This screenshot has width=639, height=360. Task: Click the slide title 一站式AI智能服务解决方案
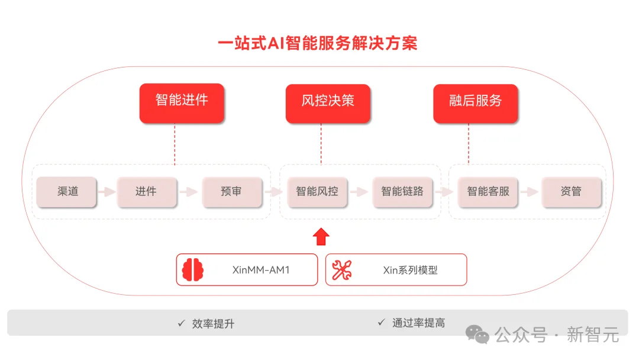point(318,44)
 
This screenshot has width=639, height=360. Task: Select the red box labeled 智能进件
point(182,103)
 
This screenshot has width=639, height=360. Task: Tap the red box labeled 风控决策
point(328,103)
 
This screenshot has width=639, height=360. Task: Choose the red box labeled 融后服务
point(475,103)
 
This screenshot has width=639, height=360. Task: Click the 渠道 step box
point(66,192)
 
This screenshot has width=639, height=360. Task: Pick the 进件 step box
point(146,192)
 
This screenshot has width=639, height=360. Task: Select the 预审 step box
point(231,192)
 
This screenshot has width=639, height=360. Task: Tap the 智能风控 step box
point(317,192)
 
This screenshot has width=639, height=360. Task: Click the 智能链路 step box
point(402,192)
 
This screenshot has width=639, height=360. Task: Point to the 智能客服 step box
point(488,192)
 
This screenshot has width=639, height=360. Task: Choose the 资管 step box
point(571,192)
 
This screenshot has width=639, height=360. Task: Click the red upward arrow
point(321,236)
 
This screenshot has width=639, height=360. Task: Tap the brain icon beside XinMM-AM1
point(193,270)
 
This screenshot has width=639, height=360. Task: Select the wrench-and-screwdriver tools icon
point(341,270)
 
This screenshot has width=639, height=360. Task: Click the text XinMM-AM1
point(261,271)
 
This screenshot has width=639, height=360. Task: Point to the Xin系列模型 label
point(410,271)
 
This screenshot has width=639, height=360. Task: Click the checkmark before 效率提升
point(181,323)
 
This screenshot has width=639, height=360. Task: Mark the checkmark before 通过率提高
point(381,323)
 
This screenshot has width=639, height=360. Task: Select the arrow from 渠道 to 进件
point(106,192)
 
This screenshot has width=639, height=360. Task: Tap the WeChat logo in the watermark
point(477,335)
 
